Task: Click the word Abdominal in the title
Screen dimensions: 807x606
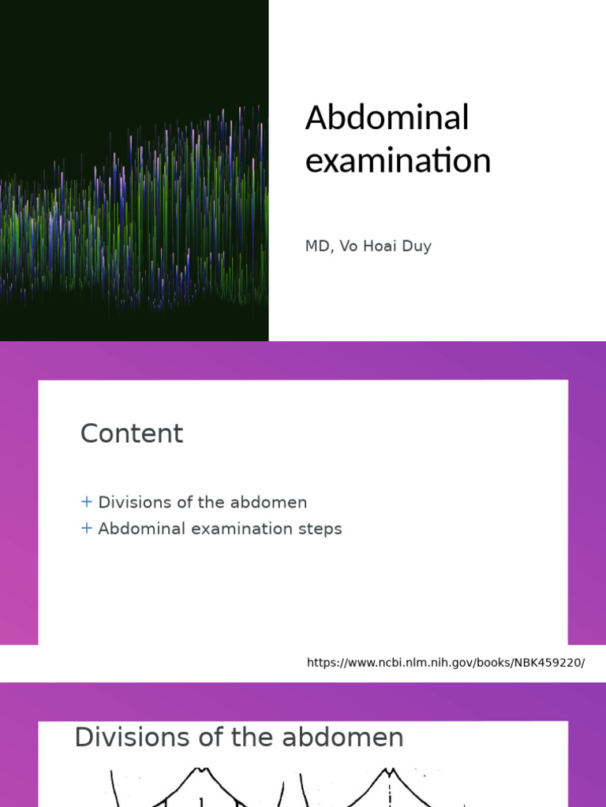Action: (387, 118)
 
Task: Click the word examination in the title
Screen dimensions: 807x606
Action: (398, 161)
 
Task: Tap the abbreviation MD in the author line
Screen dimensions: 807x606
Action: (316, 247)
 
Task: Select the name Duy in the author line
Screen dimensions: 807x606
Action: (416, 247)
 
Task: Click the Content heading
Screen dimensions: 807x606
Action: (132, 433)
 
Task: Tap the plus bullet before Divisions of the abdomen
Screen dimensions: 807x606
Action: (87, 502)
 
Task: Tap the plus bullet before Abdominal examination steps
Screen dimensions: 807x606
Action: (87, 529)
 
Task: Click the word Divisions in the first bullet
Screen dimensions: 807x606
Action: (129, 502)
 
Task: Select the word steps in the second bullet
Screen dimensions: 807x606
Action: (320, 529)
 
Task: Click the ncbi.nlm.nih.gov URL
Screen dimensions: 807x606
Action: (446, 663)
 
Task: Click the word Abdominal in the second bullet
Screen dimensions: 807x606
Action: (137, 529)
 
